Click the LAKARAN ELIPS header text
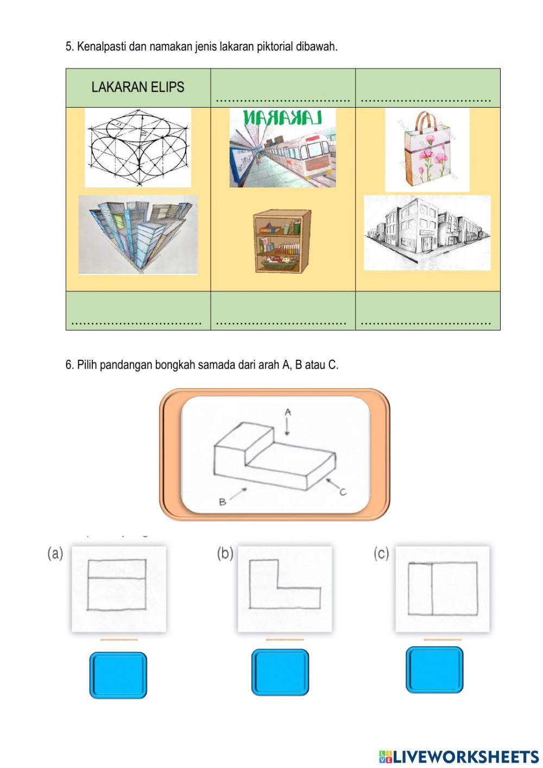coord(137,88)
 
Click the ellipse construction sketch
coord(138,147)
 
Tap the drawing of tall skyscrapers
coord(138,234)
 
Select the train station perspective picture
coord(282,148)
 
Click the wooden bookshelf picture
coord(282,241)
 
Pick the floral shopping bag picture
coord(427,150)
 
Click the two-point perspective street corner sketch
coord(427,233)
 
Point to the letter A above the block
coord(288,412)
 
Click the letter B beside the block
coord(222,502)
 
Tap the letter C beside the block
coord(343,492)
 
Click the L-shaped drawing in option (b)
coord(285,584)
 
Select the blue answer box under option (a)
coord(118,675)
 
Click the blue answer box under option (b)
coord(280,672)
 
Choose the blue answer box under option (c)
coord(434,670)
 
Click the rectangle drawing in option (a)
coord(117,585)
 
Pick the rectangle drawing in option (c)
coord(443,589)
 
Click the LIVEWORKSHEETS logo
coord(459,756)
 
